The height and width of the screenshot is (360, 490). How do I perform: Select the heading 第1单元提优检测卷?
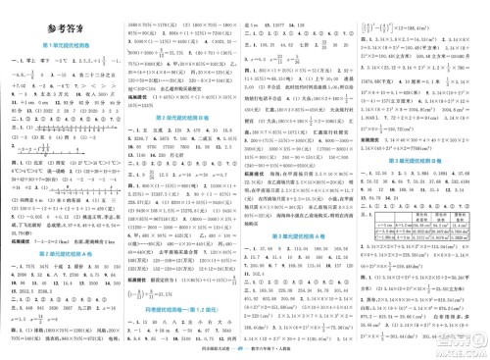(67, 46)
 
